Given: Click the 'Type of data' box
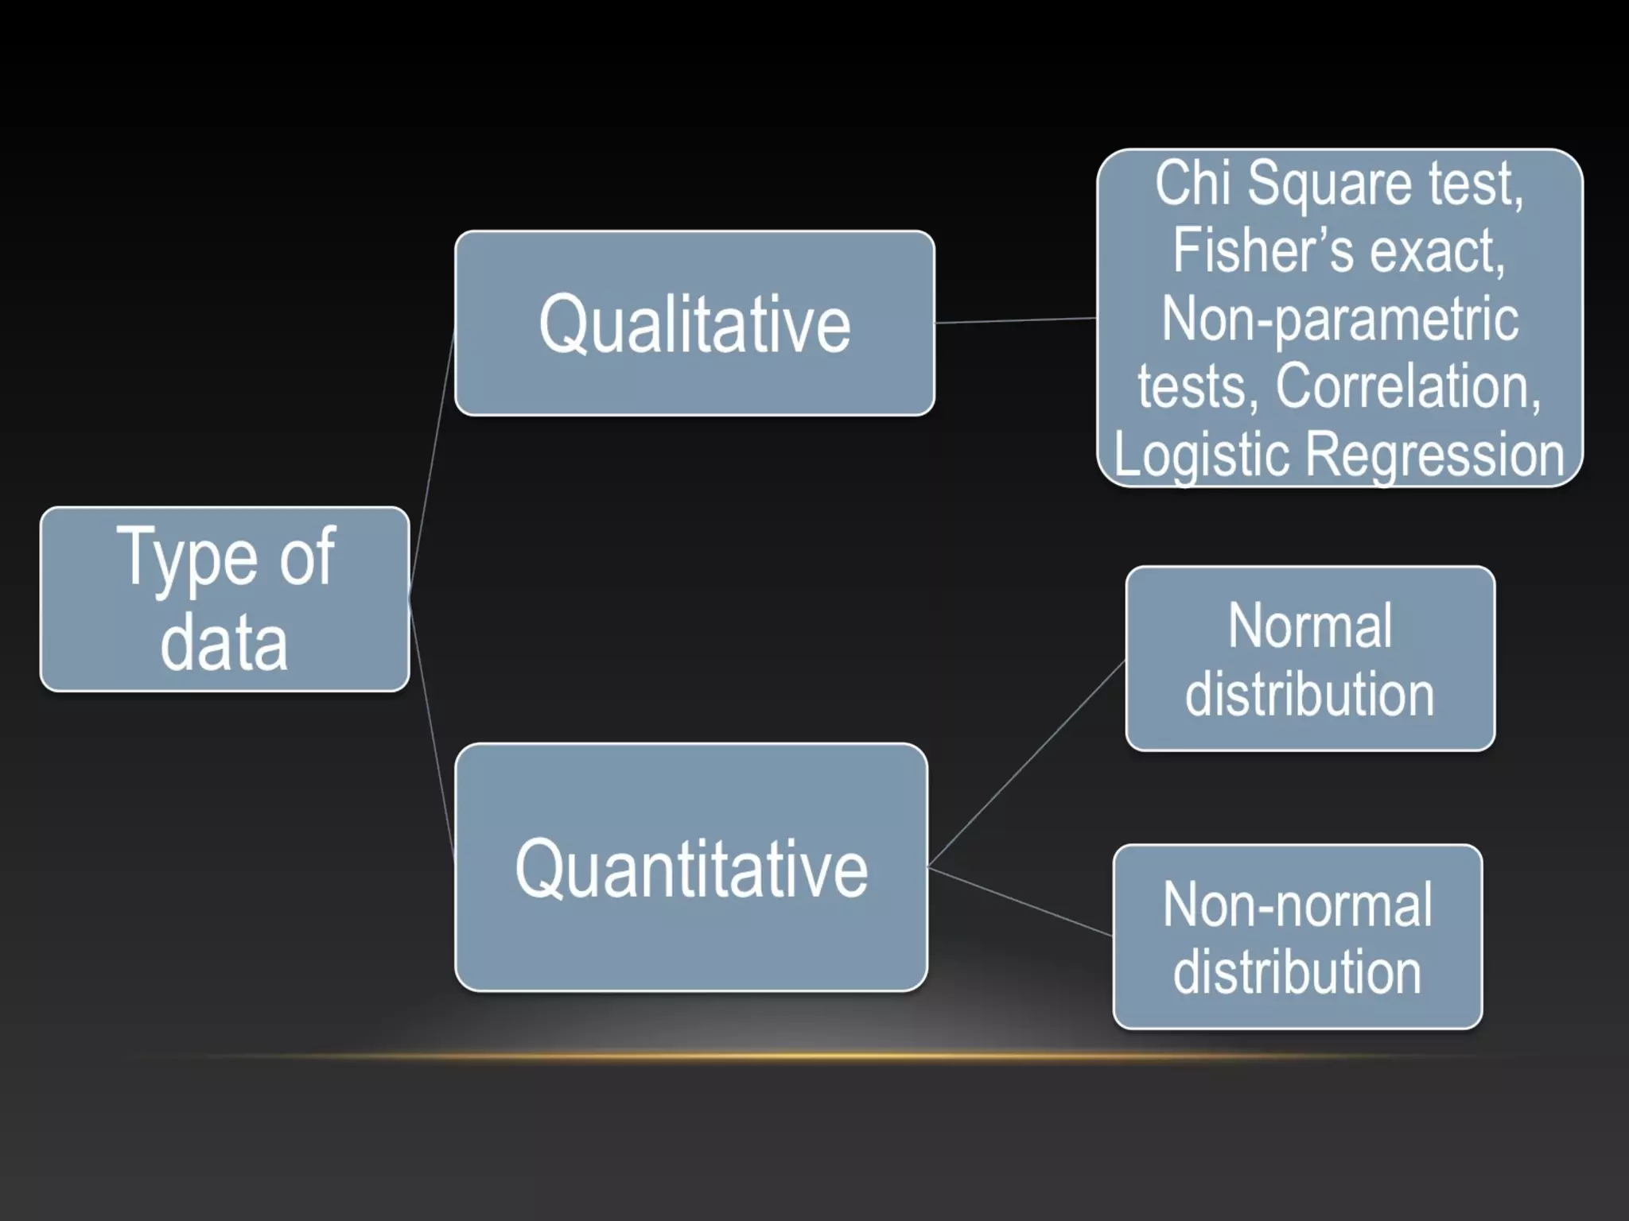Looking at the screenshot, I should (x=224, y=599).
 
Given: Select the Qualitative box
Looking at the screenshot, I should (x=694, y=323).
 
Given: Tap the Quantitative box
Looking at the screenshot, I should (x=691, y=867).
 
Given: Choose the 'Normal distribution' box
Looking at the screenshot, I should (x=1310, y=658).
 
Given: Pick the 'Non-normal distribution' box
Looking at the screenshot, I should (x=1297, y=936).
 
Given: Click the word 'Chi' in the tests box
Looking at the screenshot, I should (x=1192, y=184).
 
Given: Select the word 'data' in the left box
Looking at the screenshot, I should (x=224, y=642).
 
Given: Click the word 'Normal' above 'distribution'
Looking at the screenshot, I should (x=1310, y=626).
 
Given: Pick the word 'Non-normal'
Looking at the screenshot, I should (x=1297, y=905).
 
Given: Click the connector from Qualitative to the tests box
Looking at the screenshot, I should (x=1016, y=320).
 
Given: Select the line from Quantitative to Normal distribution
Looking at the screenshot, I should (x=1026, y=764).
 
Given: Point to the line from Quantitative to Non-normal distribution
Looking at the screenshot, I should (x=1020, y=901).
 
